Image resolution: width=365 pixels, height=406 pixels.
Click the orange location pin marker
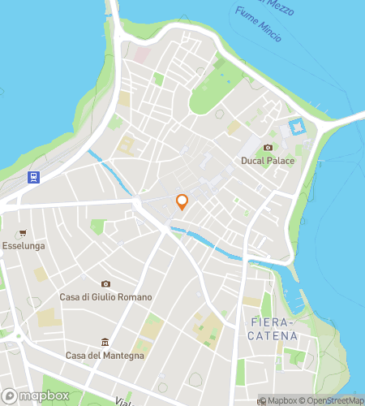[x=182, y=202]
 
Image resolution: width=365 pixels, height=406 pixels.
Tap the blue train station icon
[x=34, y=177]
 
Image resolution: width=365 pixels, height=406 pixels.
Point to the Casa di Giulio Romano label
[x=105, y=296]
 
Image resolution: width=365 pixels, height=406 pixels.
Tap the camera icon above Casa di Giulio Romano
[x=105, y=283]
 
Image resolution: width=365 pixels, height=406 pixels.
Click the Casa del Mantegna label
[x=104, y=355]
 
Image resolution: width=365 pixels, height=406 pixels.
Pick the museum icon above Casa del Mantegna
[x=104, y=342]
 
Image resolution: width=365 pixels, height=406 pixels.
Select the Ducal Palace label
[x=268, y=161]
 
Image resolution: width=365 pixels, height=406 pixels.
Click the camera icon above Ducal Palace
[x=268, y=148]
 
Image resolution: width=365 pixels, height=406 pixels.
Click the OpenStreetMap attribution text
[x=333, y=400]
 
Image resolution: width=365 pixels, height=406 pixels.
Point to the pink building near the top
[x=144, y=54]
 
